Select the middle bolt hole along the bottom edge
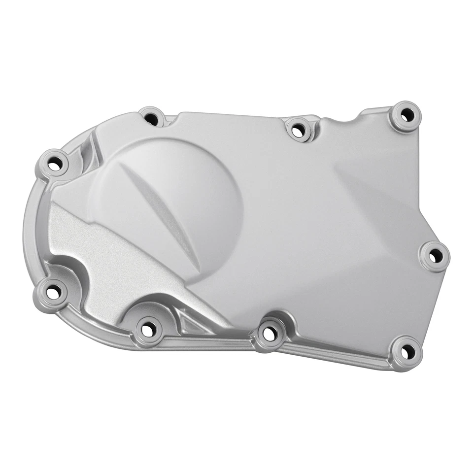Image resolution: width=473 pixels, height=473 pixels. (x=269, y=334)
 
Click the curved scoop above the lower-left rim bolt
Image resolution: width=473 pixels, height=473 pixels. (x=64, y=269)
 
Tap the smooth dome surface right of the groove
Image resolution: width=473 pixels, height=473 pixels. (x=197, y=197)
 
